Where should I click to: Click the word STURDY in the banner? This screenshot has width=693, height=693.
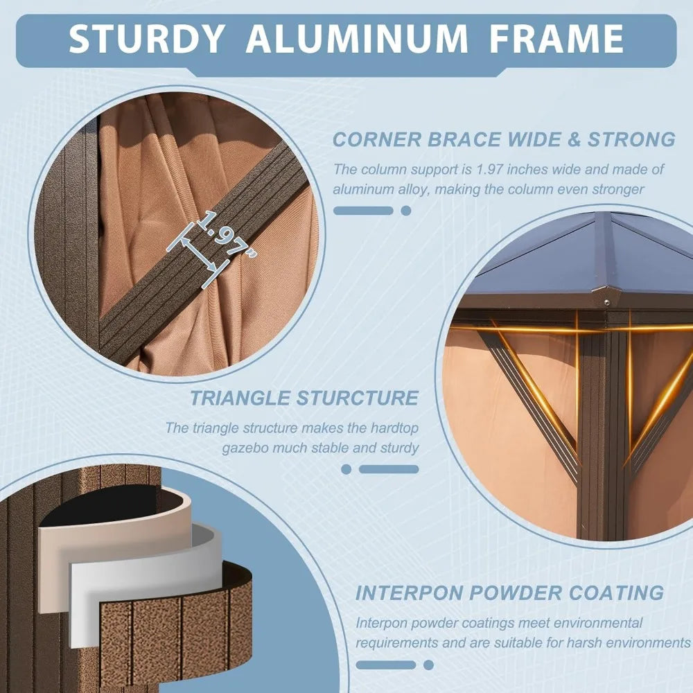[146, 38]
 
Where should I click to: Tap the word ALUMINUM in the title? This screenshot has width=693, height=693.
[357, 38]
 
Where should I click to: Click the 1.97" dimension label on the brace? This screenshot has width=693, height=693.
[227, 234]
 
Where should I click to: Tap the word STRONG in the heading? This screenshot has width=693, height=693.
[631, 140]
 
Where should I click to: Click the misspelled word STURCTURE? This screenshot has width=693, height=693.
[357, 398]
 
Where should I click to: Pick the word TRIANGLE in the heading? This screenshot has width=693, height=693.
[240, 398]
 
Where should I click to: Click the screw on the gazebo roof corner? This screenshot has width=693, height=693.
[607, 302]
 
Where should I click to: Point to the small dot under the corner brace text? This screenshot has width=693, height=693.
[406, 211]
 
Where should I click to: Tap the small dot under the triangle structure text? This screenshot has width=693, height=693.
[346, 469]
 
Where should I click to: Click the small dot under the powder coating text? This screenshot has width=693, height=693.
[428, 665]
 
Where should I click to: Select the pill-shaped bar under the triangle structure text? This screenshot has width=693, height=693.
[389, 469]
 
